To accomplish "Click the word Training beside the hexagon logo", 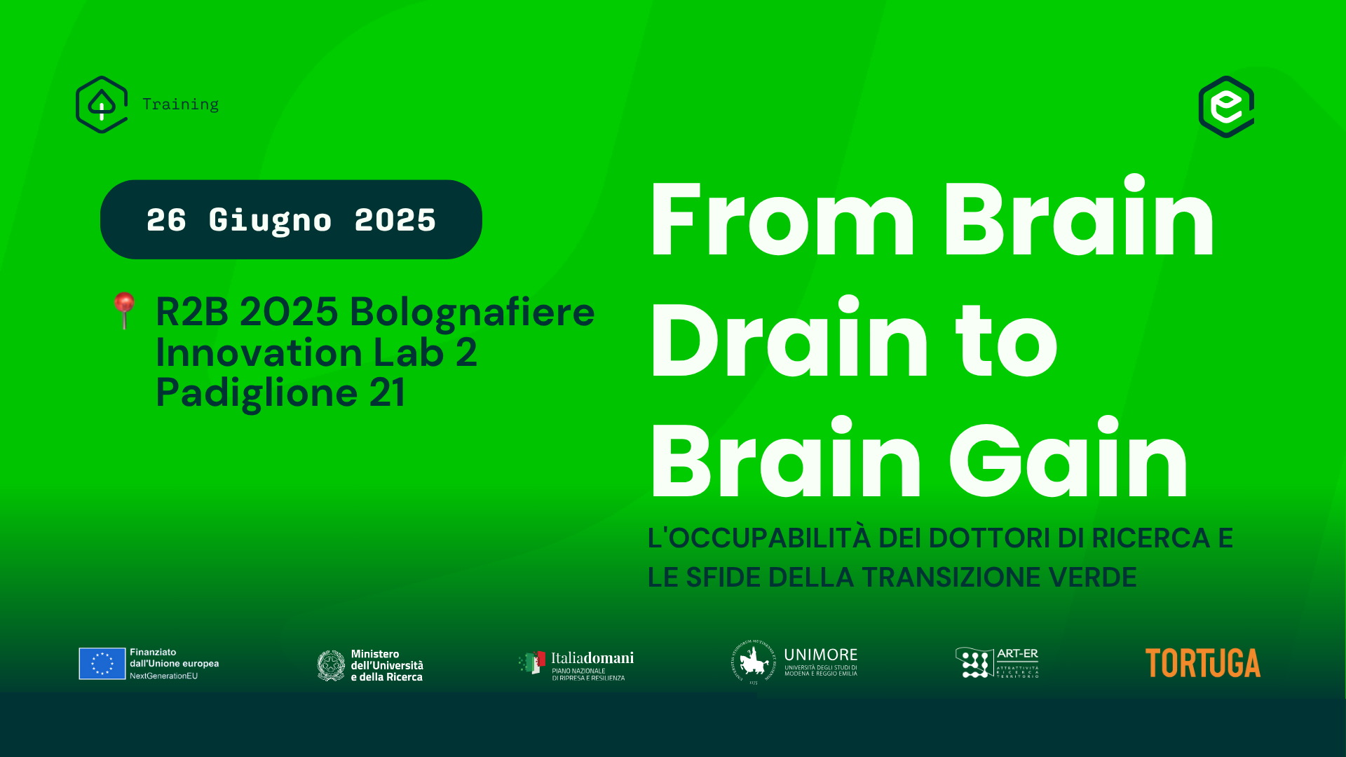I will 180,104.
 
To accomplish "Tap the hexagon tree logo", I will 102,104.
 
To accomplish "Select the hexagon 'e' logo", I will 1226,107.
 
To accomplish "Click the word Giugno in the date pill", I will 270,220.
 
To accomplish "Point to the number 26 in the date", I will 166,220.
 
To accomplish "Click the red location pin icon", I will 125,309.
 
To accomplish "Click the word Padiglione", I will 257,393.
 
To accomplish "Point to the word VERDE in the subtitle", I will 1092,578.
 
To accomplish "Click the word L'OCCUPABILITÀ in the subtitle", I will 759,538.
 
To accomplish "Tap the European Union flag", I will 102,664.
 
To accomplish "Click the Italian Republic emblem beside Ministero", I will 331,665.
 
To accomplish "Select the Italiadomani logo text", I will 592,658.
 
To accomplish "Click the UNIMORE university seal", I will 754,662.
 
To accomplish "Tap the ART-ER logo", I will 996,662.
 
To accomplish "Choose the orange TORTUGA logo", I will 1202,663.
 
